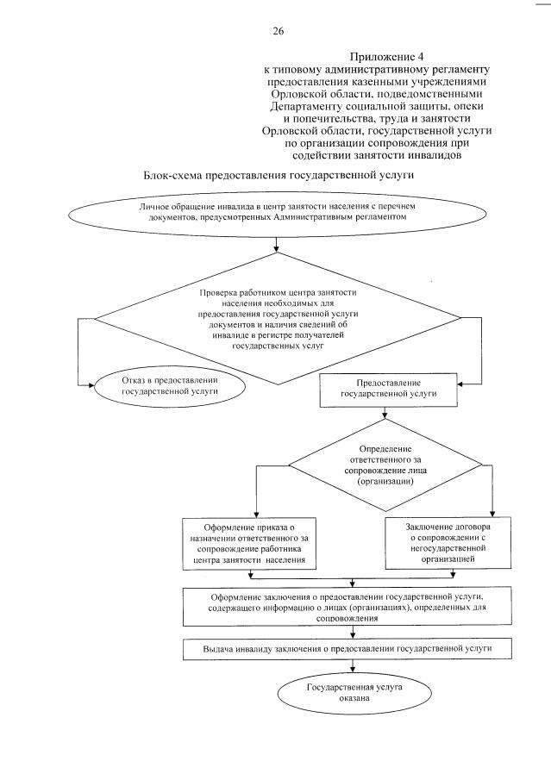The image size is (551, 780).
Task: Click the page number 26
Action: coord(278,31)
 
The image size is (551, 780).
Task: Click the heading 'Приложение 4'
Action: coord(378,53)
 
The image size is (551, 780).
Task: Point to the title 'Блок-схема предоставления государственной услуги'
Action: coord(279,175)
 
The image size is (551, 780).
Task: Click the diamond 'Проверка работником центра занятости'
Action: coord(276,318)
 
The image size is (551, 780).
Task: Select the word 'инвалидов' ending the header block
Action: coord(441,157)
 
